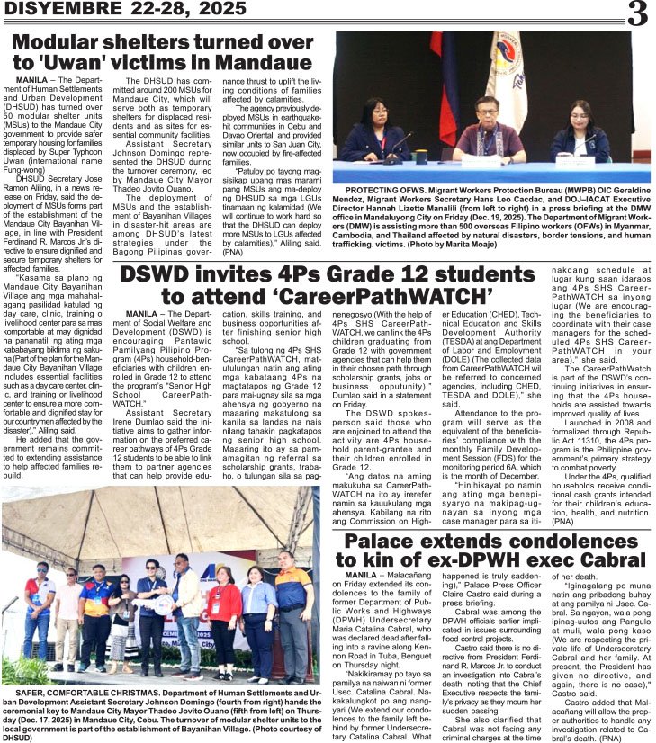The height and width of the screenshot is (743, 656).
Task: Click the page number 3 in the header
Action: [637, 13]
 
